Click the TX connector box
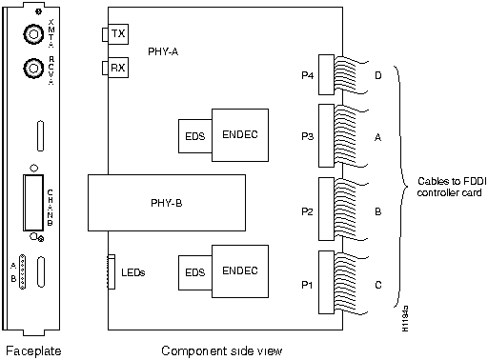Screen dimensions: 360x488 (116, 35)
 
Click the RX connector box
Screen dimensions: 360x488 (116, 68)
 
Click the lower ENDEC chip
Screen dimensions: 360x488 (239, 271)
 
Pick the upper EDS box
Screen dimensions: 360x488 (193, 138)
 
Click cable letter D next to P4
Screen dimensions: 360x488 (378, 72)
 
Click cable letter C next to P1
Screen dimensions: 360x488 (378, 283)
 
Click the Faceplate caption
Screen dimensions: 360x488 (35, 350)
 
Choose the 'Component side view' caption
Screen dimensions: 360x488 (221, 350)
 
